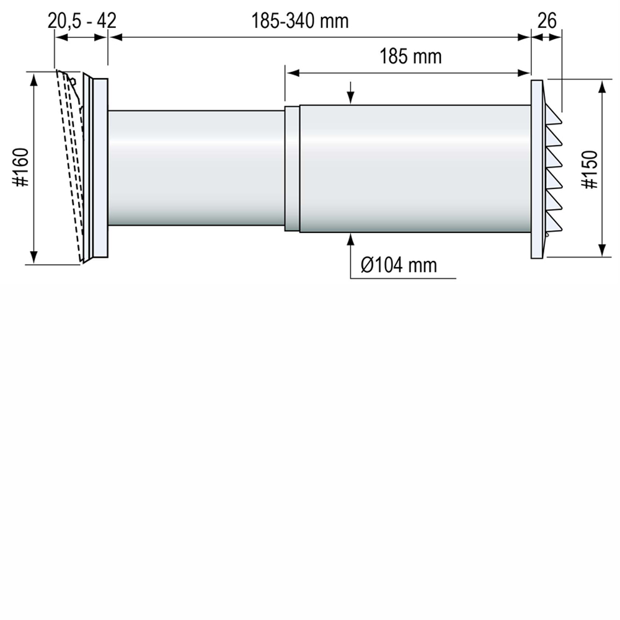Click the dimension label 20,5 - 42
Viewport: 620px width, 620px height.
[x=82, y=20]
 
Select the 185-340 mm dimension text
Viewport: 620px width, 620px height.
[x=300, y=20]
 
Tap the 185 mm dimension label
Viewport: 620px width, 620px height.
[x=410, y=56]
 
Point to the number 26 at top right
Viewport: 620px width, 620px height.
[x=547, y=20]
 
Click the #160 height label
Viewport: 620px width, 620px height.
[x=21, y=167]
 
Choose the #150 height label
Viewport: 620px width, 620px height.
[x=590, y=169]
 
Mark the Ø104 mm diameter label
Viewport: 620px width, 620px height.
[x=399, y=265]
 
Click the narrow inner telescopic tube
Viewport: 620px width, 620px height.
[x=196, y=167]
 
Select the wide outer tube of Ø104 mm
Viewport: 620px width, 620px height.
[x=415, y=169]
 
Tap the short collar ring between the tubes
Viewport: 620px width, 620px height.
[x=292, y=169]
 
